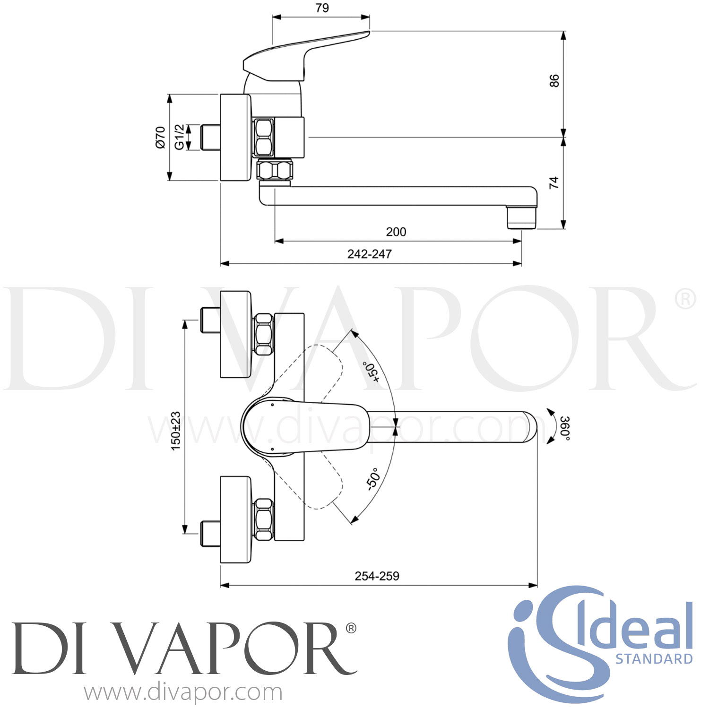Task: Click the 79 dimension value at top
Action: tap(322, 8)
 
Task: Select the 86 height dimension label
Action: tap(554, 80)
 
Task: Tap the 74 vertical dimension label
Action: tap(554, 182)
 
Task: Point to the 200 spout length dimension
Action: tap(396, 232)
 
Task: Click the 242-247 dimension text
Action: tap(369, 254)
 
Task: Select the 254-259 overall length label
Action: tap(377, 576)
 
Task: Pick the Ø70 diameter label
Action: tap(160, 138)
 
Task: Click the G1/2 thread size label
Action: tap(179, 137)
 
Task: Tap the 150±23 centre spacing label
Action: tap(175, 431)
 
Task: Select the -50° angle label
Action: tap(373, 479)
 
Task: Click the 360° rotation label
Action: tap(564, 428)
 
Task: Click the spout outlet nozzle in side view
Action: tap(522, 217)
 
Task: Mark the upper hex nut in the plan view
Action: tap(264, 334)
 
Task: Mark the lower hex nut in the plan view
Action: tap(264, 519)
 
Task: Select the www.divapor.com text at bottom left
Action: tap(183, 692)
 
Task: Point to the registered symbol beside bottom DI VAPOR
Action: tap(351, 628)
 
